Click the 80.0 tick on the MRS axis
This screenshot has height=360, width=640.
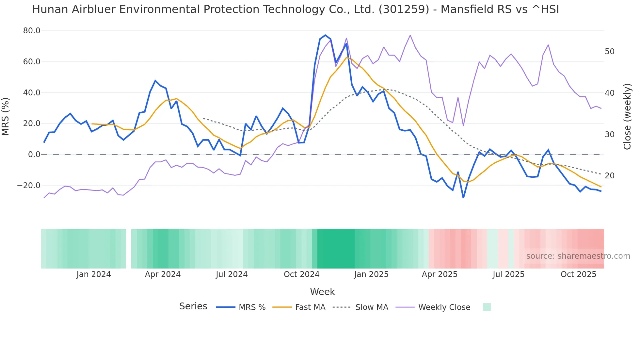pyautogui.click(x=31, y=31)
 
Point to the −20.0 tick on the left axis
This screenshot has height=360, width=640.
pyautogui.click(x=29, y=186)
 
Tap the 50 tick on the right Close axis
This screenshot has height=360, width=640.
pyautogui.click(x=609, y=52)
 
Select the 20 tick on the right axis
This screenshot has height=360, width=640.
pyautogui.click(x=609, y=176)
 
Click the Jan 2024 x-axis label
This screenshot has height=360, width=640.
pyautogui.click(x=94, y=274)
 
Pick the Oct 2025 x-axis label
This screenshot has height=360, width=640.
pyautogui.click(x=578, y=274)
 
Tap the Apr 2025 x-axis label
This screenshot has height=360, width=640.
pyautogui.click(x=440, y=274)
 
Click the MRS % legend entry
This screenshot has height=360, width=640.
pyautogui.click(x=252, y=307)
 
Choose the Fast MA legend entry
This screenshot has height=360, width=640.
pyautogui.click(x=310, y=307)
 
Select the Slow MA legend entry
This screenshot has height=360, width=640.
pyautogui.click(x=372, y=307)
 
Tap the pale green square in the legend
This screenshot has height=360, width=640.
pyautogui.click(x=487, y=307)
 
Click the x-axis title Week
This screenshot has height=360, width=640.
pyautogui.click(x=322, y=292)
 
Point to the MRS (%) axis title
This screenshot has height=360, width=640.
pyautogui.click(x=6, y=116)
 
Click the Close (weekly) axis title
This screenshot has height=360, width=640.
pyautogui.click(x=627, y=117)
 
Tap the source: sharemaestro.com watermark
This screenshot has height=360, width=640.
pyautogui.click(x=578, y=256)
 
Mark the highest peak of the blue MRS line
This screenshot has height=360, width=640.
pyautogui.click(x=325, y=35)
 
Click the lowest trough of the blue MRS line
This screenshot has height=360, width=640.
pyautogui.click(x=463, y=197)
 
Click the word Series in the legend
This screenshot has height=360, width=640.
pyautogui.click(x=193, y=306)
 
